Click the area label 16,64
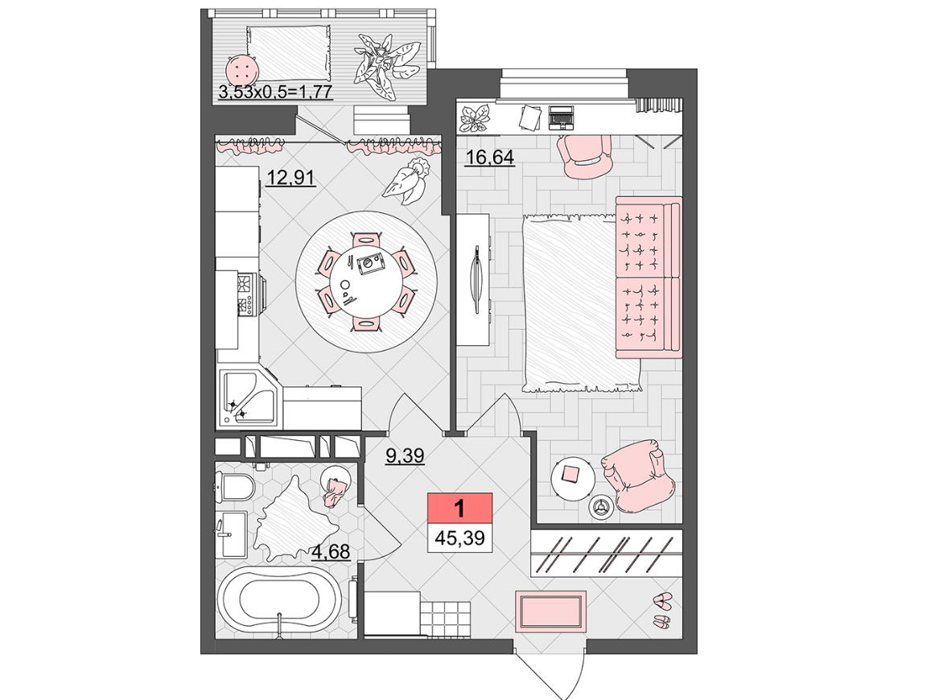pos(489,158)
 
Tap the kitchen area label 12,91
pos(290,178)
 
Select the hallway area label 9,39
pos(405,456)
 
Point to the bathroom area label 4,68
pos(331,551)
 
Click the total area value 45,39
pos(459,537)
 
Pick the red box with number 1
pos(459,509)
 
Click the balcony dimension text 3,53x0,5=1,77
pos(275,93)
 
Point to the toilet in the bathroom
pos(235,487)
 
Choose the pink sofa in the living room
pos(649,278)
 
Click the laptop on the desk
pos(561,117)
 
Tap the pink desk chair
pos(584,156)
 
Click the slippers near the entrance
pos(662,609)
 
